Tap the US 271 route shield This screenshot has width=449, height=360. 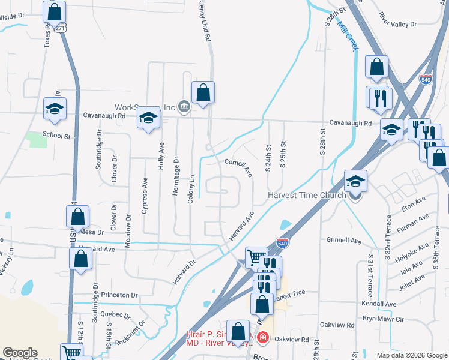pyautogui.click(x=59, y=28)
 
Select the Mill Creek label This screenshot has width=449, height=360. pyautogui.click(x=348, y=37)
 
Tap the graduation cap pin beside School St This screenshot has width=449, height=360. pyautogui.click(x=55, y=109)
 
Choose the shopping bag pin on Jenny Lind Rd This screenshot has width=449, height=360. pyautogui.click(x=203, y=92)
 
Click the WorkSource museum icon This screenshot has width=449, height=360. pyautogui.click(x=184, y=107)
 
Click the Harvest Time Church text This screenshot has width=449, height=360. pyautogui.click(x=307, y=195)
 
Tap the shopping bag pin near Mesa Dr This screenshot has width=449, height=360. pyautogui.click(x=77, y=217)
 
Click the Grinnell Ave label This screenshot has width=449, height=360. pyautogui.click(x=343, y=241)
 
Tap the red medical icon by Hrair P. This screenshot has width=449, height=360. pyautogui.click(x=262, y=338)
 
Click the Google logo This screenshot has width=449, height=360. pyautogui.click(x=20, y=353)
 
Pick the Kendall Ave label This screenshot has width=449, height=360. pyautogui.click(x=379, y=304)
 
